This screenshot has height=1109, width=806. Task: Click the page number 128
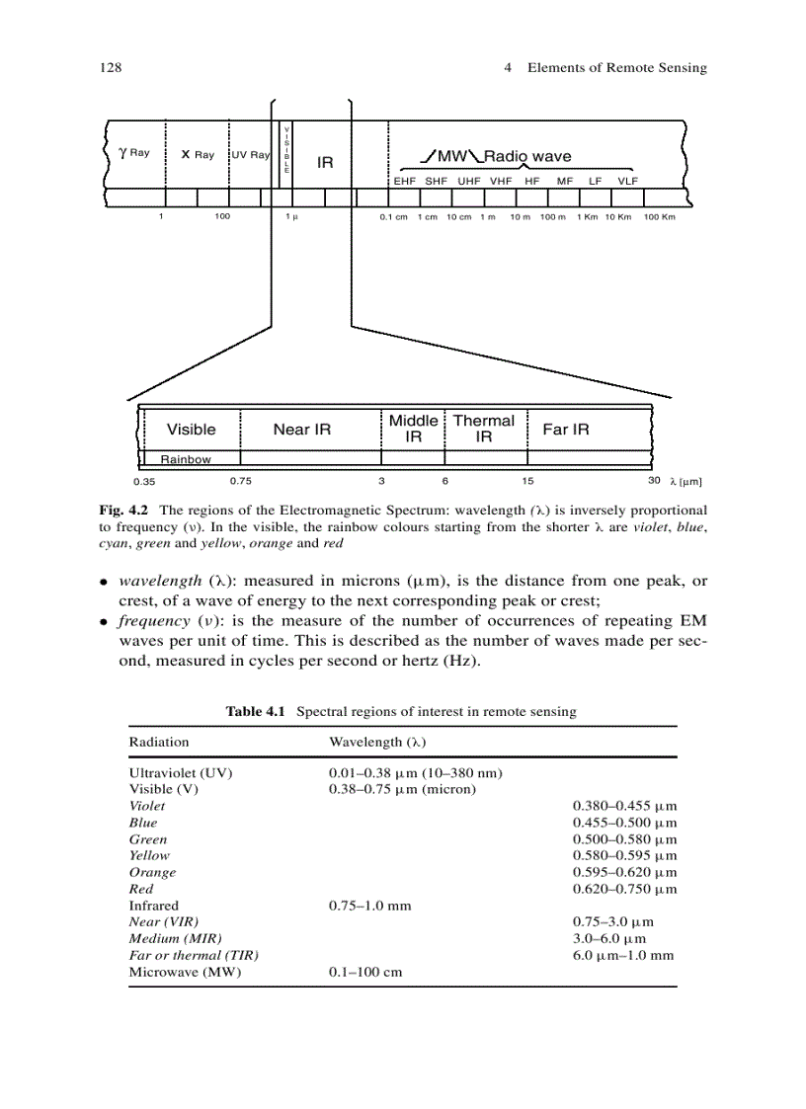110,67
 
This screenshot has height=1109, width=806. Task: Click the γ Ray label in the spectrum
134,153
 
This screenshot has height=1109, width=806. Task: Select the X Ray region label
198,155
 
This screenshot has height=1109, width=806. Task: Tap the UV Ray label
250,155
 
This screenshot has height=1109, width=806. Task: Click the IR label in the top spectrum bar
325,162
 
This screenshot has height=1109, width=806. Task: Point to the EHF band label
405,182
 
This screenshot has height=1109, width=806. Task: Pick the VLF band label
627,182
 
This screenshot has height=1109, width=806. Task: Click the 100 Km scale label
659,216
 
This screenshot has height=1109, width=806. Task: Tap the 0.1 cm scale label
393,216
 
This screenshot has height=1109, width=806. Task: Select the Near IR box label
301,429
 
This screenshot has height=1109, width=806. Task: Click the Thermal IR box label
483,428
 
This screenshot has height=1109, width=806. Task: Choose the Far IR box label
566,429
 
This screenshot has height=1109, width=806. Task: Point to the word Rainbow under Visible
186,459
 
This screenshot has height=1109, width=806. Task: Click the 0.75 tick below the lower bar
240,481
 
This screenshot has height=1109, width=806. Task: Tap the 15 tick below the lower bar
527,481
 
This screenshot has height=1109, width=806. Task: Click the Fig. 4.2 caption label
121,511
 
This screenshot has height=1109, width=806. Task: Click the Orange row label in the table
152,872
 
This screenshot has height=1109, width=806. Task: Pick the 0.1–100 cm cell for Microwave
365,972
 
